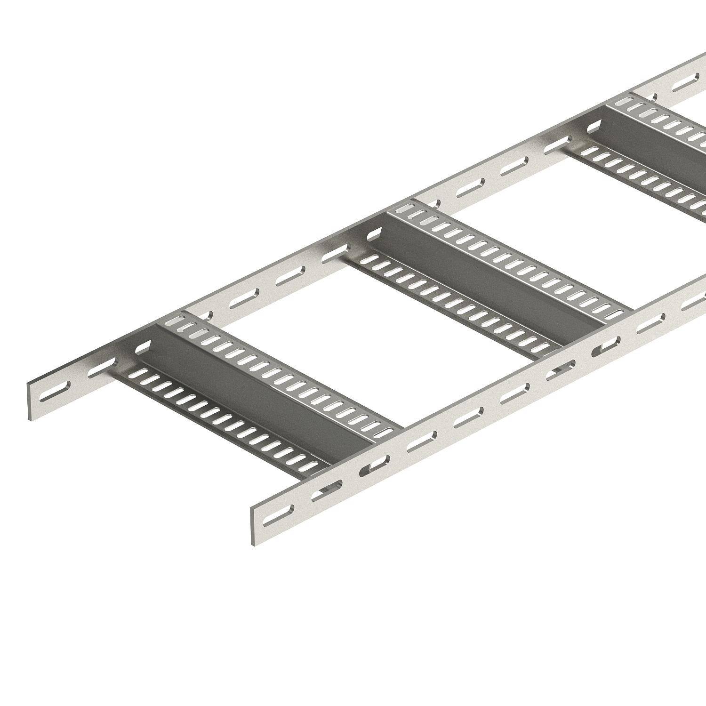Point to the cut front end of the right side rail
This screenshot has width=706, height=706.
254,522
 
